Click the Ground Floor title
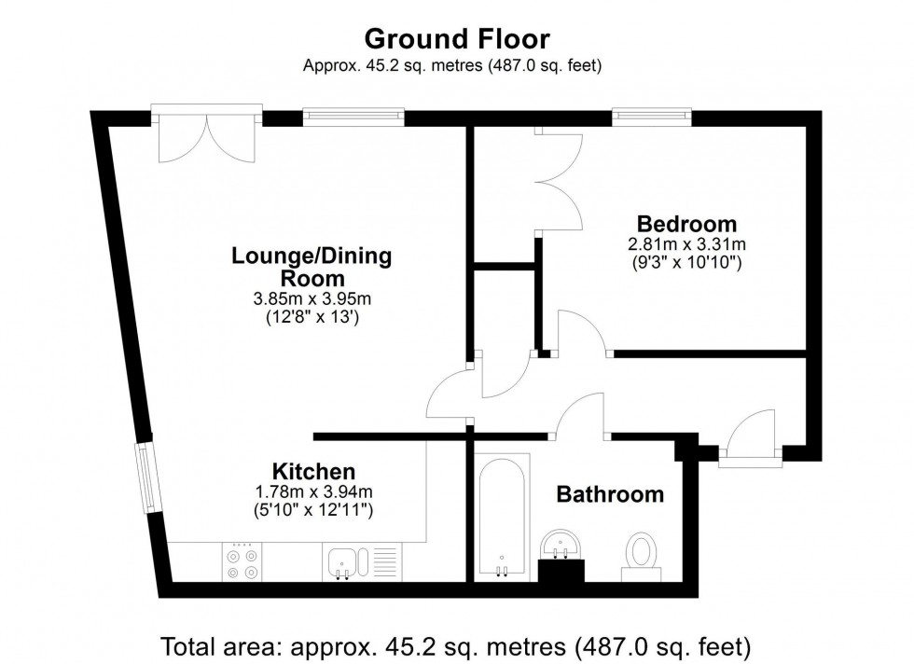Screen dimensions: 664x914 point(456,39)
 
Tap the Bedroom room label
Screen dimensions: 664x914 point(686,225)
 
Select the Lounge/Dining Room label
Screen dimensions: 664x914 point(312,267)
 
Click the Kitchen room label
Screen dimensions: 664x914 point(313,472)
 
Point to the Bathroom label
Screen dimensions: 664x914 point(610,494)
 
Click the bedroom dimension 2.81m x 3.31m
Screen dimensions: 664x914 point(686,245)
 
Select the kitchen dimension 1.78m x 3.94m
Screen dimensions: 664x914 point(313,491)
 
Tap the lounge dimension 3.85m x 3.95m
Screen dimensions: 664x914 point(312,299)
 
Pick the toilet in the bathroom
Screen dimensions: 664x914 point(642,551)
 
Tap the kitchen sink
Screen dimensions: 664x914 point(343,562)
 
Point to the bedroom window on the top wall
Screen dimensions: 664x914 point(652,117)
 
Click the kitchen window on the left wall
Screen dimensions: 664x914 point(147,477)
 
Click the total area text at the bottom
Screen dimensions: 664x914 point(456,645)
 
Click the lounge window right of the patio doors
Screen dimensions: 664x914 point(353,117)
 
